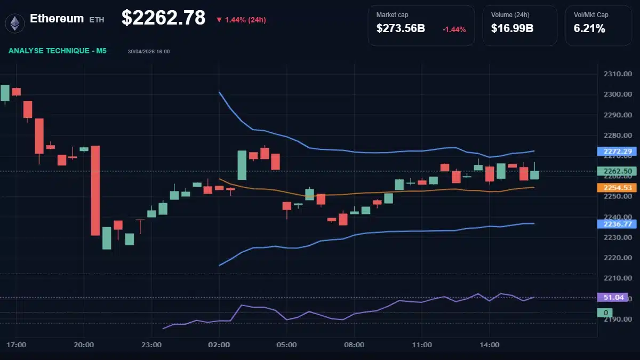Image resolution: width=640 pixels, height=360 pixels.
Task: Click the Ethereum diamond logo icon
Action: [x=14, y=22]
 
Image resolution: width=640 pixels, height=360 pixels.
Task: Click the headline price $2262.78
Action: [x=163, y=18]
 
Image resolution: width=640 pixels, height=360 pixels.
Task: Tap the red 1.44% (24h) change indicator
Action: [x=241, y=20]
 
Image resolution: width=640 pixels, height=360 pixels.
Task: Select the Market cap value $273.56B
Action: [x=401, y=29]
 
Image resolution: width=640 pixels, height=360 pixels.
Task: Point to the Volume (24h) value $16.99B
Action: [x=512, y=29]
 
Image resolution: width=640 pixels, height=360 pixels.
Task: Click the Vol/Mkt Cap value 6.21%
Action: [x=589, y=29]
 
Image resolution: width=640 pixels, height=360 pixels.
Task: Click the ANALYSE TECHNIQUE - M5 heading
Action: [x=58, y=51]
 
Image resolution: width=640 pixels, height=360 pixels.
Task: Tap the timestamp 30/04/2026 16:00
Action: [x=149, y=52]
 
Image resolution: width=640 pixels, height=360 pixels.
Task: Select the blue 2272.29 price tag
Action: [x=617, y=151]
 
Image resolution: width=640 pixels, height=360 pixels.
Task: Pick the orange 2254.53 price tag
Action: [x=617, y=188]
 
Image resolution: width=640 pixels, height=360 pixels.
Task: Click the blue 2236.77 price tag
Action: [x=617, y=224]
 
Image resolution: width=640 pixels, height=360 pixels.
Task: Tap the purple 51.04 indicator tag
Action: [x=612, y=298]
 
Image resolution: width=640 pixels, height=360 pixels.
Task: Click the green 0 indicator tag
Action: [x=605, y=313]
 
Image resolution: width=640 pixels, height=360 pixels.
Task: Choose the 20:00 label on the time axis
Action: [x=84, y=345]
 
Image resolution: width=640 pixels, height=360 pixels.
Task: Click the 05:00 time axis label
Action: [x=286, y=345]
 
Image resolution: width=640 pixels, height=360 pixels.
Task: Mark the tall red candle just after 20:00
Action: [x=95, y=190]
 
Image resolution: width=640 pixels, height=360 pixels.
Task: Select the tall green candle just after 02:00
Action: [x=242, y=165]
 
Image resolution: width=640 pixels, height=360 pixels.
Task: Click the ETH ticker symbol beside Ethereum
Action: [x=97, y=19]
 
